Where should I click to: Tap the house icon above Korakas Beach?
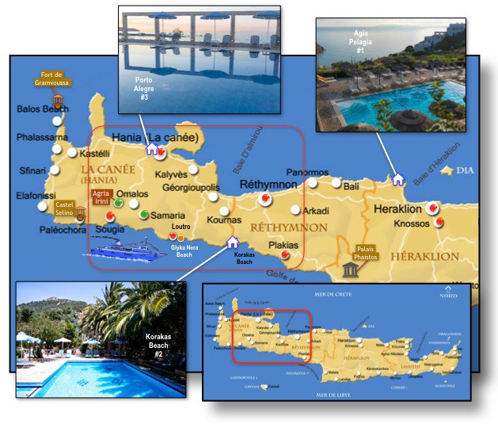coord(232,242)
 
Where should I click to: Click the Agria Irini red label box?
coord(101,197)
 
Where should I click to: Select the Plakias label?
coord(283,245)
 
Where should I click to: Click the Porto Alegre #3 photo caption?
coord(144,88)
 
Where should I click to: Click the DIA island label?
coord(466,170)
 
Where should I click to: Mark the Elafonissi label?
coord(37,195)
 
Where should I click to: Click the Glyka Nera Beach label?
coord(184,250)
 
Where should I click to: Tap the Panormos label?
coord(307,173)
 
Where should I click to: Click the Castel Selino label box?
coord(64,208)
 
